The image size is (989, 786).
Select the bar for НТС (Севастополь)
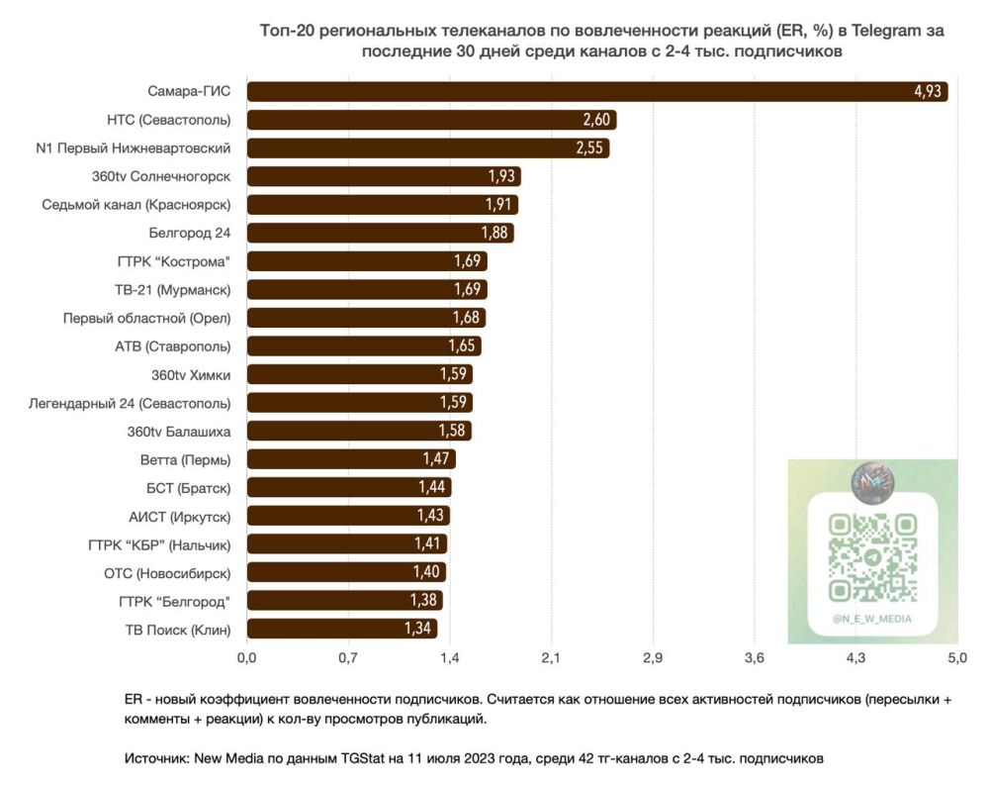click(x=431, y=120)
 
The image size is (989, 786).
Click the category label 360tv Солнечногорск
click(x=161, y=176)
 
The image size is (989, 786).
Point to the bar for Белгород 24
click(x=380, y=233)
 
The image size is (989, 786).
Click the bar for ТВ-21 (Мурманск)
click(x=366, y=289)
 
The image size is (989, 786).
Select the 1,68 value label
click(x=466, y=318)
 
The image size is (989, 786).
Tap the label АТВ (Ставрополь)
click(x=173, y=346)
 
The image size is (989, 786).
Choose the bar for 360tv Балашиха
click(x=358, y=431)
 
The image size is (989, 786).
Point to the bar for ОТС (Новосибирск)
click(x=345, y=572)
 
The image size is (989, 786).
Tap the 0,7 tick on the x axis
click(x=347, y=657)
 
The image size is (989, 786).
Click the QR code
click(x=871, y=556)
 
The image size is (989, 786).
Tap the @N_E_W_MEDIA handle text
click(x=871, y=619)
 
